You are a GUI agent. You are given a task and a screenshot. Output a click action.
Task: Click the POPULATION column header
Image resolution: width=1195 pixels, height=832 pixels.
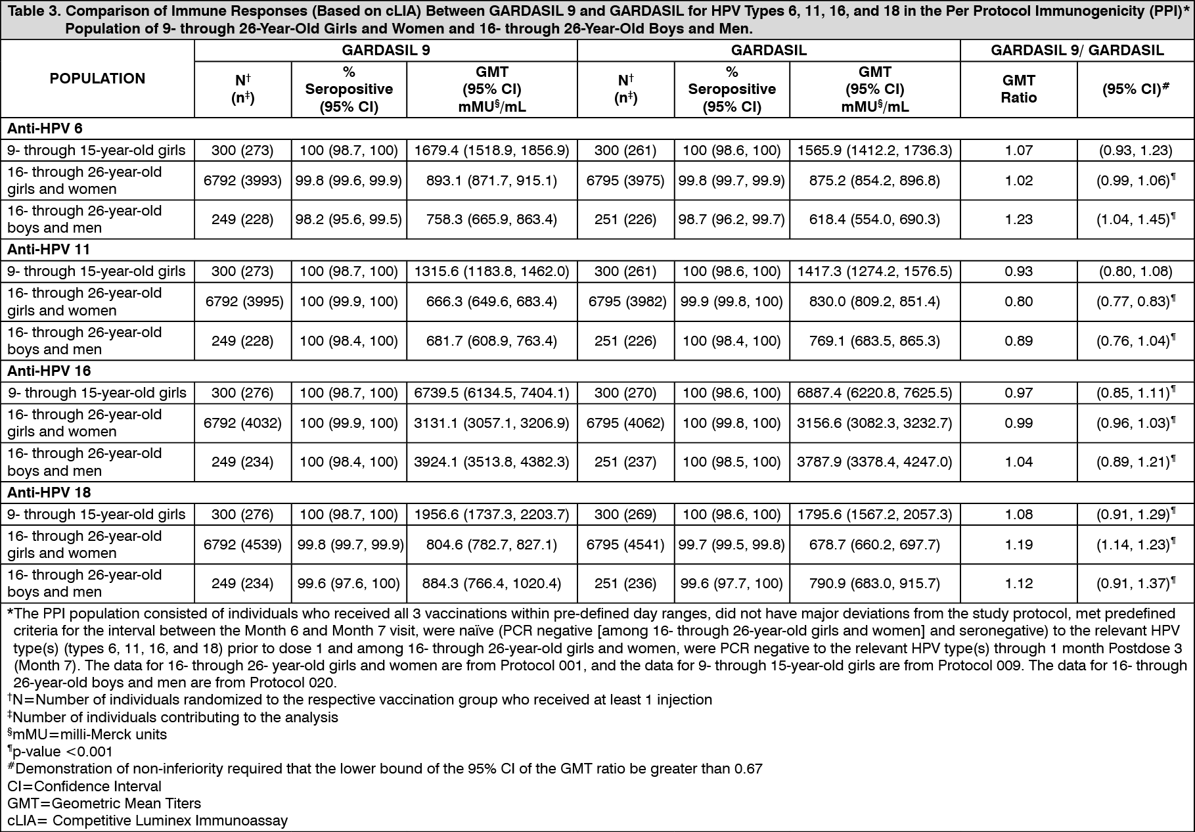click(97, 79)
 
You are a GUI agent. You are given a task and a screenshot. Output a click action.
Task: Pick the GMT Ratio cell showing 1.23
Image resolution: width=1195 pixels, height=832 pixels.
click(1018, 220)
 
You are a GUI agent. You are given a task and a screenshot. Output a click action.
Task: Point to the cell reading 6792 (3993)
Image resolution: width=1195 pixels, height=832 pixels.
click(242, 181)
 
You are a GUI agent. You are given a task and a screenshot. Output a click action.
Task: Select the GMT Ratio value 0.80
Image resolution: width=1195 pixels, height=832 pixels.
click(1018, 302)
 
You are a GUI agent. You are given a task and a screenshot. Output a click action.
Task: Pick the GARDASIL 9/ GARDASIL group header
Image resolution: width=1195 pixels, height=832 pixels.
click(1077, 51)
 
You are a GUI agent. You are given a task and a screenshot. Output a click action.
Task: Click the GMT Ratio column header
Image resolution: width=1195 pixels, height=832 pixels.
click(1018, 89)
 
